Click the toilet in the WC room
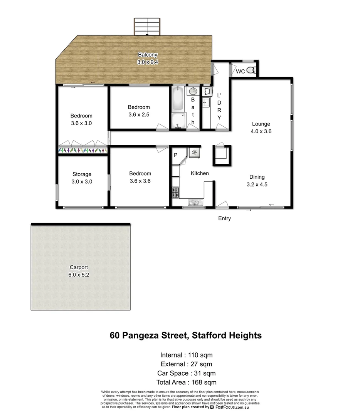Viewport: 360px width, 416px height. point(251,71)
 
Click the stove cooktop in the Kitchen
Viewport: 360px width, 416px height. point(175,191)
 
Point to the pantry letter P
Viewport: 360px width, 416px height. point(176,155)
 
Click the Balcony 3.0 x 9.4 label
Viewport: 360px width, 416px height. point(148,58)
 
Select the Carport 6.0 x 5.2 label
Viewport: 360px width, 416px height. point(79,271)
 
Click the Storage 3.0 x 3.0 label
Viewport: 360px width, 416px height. point(82,178)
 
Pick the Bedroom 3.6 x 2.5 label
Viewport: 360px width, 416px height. point(139,111)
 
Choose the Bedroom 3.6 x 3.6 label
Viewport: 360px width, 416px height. point(140,177)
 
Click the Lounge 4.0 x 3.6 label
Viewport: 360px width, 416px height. point(261,127)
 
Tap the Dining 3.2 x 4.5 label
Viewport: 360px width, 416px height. point(257,181)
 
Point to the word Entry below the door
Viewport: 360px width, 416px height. point(224,218)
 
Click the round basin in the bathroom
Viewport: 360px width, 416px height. point(193,92)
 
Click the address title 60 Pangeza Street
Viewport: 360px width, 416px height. point(186,335)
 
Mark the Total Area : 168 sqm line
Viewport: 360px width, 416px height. point(186,382)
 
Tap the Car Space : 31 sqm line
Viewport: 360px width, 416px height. point(186,373)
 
